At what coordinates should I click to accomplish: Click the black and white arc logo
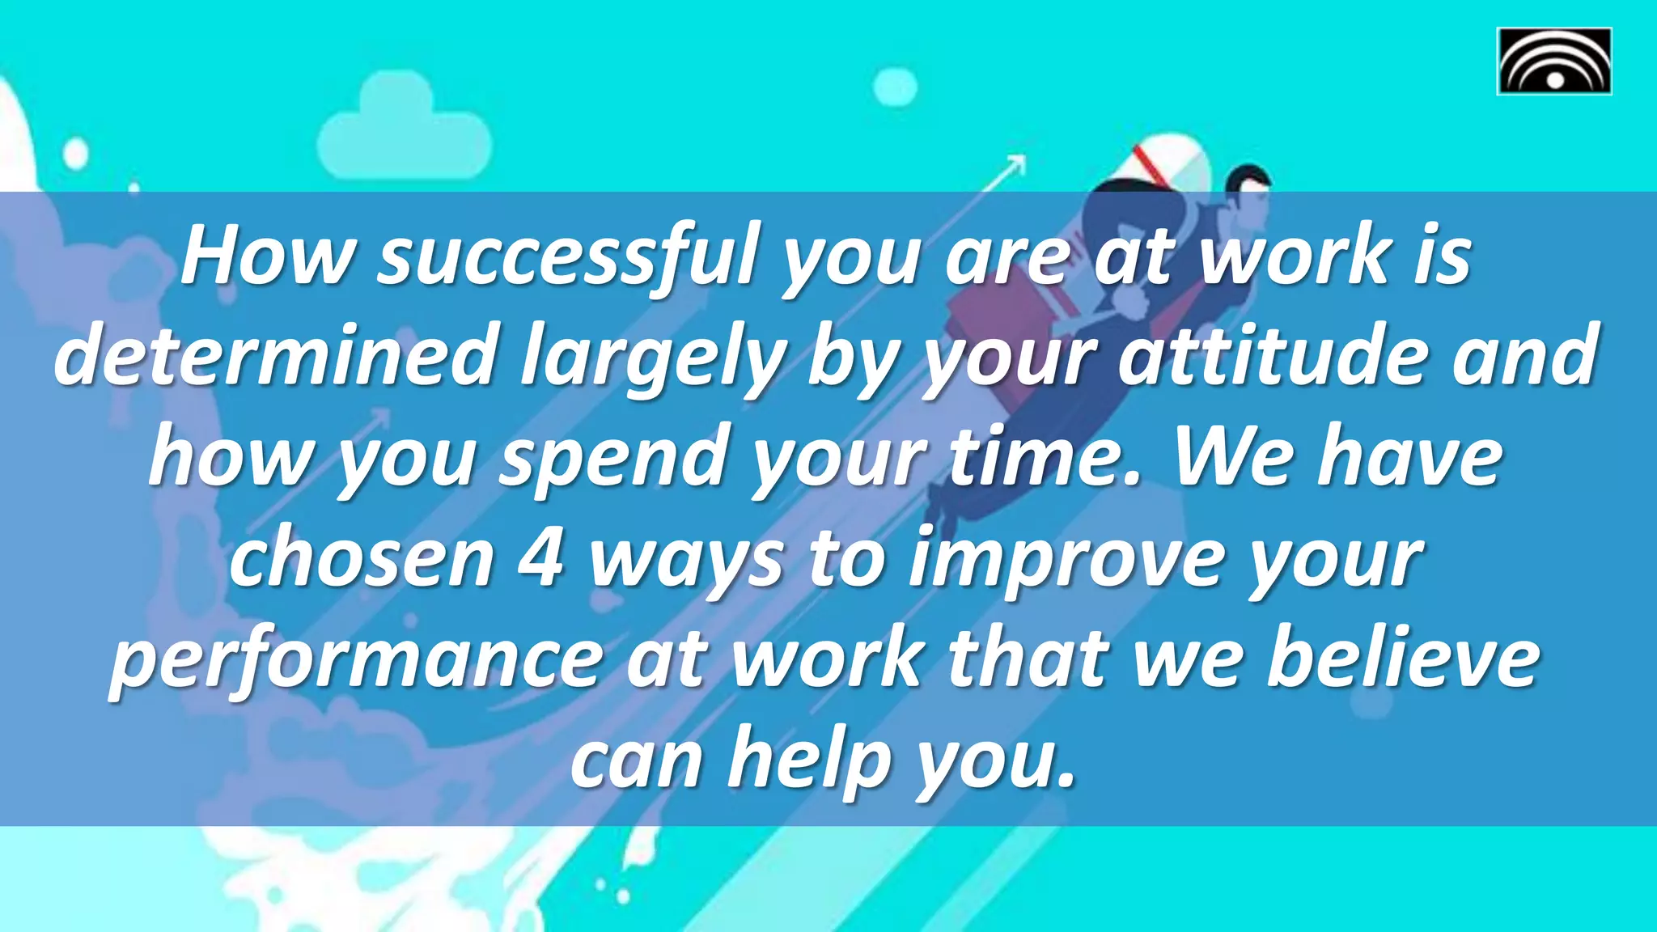[1554, 61]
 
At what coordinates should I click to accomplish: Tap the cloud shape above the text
[404, 133]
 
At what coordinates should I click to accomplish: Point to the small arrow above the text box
[1007, 169]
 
